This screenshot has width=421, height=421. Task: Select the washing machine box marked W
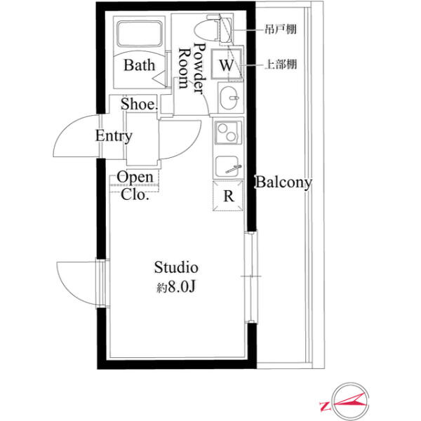[x=226, y=64]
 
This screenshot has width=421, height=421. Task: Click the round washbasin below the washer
[x=229, y=98]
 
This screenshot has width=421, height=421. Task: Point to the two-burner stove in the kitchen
[x=227, y=132]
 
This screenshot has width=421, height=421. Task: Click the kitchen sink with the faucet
[x=228, y=166]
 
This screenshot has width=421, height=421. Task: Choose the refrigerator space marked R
[x=228, y=196]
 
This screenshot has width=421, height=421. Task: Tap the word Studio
[x=176, y=267]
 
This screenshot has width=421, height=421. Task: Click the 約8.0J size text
[x=176, y=287]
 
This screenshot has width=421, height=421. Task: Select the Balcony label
[x=283, y=182]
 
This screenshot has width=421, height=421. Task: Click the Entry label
[x=114, y=136]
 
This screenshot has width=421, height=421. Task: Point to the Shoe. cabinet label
[x=139, y=104]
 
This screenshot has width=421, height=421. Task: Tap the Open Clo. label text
[x=135, y=185]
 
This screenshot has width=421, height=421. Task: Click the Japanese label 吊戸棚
[x=281, y=29]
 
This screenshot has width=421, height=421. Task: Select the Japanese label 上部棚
[x=281, y=65]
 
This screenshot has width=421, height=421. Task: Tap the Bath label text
[x=140, y=65]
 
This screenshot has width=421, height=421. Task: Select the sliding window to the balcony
[x=251, y=276]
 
